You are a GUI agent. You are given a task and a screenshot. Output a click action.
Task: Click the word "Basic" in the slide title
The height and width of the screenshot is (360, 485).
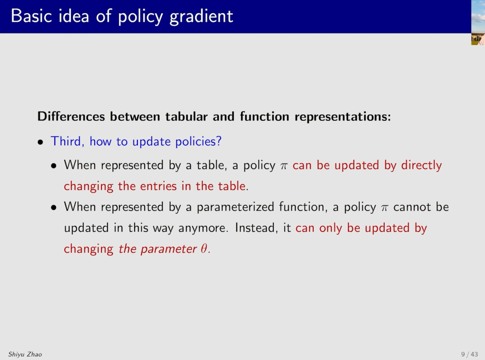31,16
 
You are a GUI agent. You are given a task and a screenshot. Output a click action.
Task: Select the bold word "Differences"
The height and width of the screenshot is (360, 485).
71,117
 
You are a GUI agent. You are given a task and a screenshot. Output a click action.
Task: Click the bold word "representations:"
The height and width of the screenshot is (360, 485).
343,117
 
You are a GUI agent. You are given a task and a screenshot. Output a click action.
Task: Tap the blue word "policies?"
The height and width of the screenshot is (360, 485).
198,142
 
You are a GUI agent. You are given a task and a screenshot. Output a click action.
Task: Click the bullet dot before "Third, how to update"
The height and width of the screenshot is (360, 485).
40,142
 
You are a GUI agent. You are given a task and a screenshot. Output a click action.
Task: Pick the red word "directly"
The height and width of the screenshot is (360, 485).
421,165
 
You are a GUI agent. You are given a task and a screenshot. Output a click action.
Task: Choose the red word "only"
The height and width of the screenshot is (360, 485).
330,228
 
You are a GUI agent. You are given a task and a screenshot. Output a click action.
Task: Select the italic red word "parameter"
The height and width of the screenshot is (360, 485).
168,249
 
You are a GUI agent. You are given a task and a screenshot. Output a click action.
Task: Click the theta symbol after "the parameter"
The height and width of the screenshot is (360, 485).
204,249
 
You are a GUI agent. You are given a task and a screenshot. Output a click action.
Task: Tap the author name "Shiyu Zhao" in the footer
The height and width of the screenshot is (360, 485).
25,354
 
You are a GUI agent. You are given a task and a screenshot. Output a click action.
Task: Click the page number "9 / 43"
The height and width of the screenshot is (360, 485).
470,354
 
